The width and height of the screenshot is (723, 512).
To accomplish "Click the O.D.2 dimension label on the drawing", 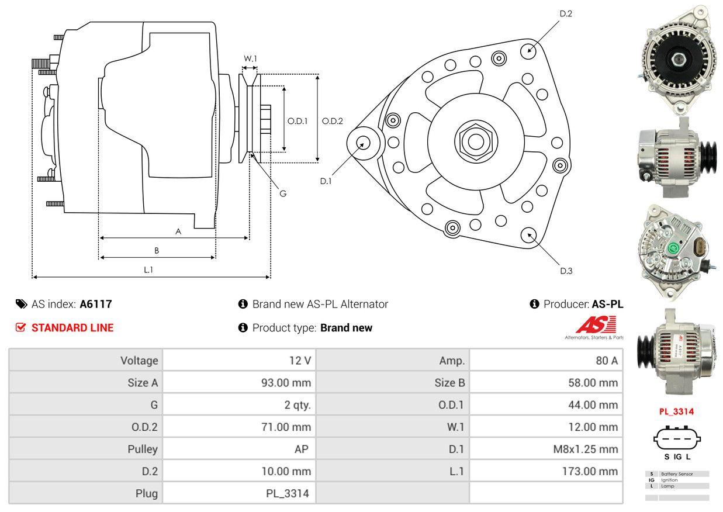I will (332, 121).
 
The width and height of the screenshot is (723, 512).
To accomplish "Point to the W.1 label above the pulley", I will (250, 58).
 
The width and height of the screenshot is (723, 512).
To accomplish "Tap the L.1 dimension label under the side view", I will (148, 269).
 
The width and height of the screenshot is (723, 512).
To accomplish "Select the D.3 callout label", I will (566, 271).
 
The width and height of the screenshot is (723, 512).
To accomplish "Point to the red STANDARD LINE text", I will (72, 328).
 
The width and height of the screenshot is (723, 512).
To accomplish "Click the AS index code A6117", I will (96, 304).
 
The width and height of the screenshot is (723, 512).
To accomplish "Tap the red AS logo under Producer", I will (596, 325).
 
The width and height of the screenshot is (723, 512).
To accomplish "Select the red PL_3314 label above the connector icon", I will (676, 411).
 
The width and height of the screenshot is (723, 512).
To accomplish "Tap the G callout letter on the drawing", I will (283, 193).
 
